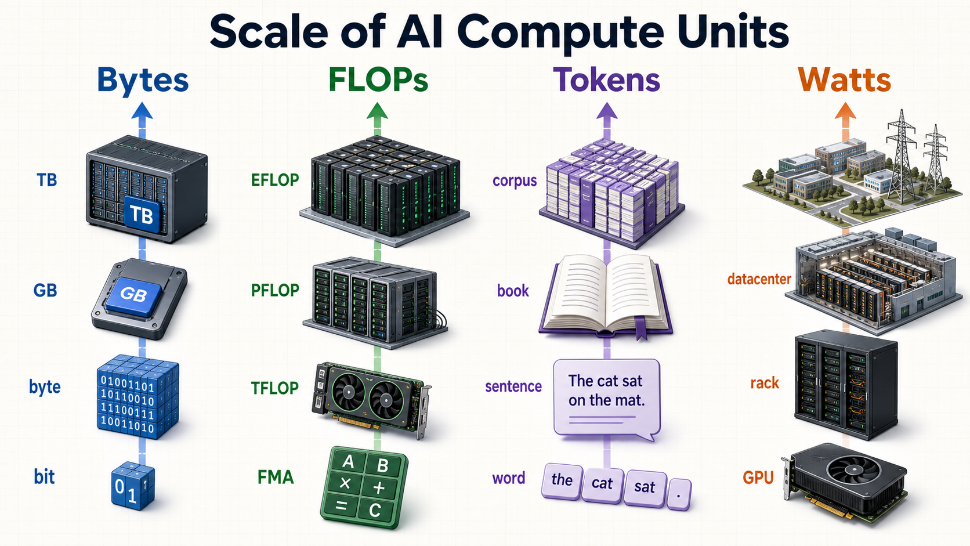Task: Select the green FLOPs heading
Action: click(x=378, y=79)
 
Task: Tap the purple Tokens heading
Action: click(x=607, y=79)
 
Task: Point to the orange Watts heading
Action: click(x=845, y=79)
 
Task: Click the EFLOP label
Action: click(x=275, y=180)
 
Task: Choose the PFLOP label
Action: click(x=275, y=290)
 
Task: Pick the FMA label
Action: click(x=276, y=477)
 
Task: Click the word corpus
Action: click(x=515, y=180)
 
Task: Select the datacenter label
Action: click(x=759, y=279)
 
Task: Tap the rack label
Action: click(x=764, y=383)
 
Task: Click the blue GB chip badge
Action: click(x=133, y=295)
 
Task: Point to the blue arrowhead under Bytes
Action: click(x=142, y=111)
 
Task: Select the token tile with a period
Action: click(x=679, y=494)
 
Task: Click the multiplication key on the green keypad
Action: click(x=345, y=483)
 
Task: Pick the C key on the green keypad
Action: click(x=375, y=511)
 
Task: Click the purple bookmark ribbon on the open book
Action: click(x=640, y=328)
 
